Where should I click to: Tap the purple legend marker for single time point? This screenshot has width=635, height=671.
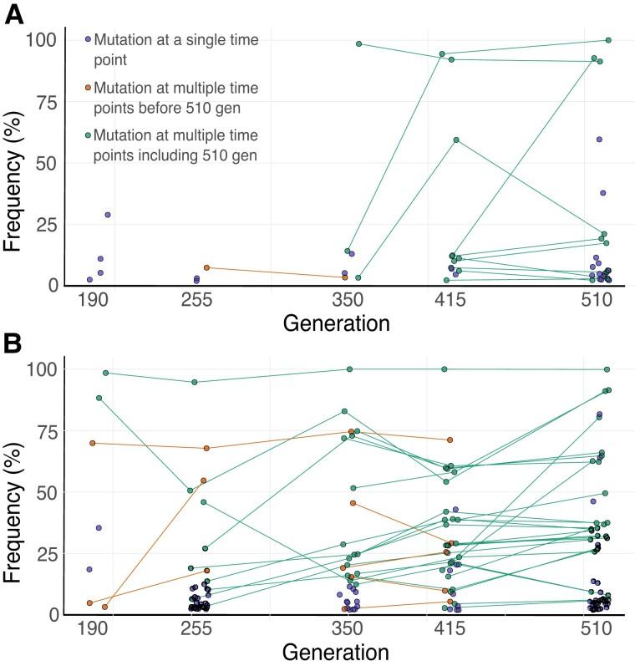coord(88,39)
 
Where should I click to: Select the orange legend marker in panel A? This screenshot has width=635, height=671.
coord(88,86)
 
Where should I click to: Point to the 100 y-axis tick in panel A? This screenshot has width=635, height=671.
coord(42,40)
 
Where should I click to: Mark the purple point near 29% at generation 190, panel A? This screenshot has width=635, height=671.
coord(108,215)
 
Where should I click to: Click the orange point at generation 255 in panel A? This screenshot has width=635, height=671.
coord(206,267)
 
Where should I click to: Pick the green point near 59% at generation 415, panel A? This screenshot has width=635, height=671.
coord(456,140)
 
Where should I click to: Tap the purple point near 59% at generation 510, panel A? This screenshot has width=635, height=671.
coord(599,140)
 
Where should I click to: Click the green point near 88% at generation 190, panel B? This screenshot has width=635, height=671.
coord(99,398)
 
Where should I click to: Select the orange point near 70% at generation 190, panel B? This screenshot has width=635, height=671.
coord(92,443)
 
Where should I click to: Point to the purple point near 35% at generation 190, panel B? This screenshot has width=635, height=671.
coord(99,528)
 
